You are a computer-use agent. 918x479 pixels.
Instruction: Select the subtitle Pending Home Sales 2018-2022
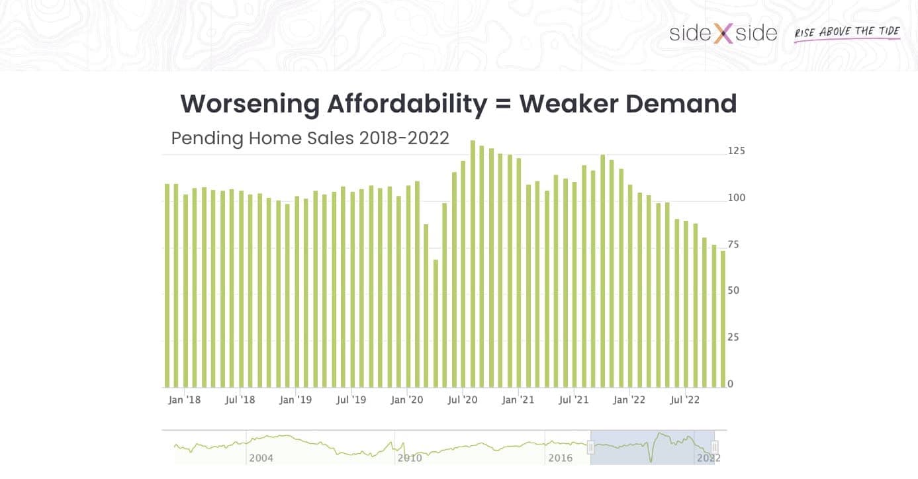pos(310,138)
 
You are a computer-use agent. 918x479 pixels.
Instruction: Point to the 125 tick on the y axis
pos(736,151)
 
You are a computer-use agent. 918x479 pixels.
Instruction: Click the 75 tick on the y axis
pos(734,244)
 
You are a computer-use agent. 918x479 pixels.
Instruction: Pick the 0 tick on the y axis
pos(731,384)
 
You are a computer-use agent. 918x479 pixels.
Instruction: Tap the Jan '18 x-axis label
pos(184,400)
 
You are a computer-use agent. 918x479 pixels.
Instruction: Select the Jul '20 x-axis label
pos(462,400)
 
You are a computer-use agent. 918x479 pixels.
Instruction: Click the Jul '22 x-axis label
pos(685,400)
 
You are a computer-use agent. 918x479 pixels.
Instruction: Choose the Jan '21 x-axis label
pos(518,400)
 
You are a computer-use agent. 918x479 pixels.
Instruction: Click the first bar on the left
pos(167,285)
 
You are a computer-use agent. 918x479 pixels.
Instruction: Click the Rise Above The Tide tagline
pos(847,32)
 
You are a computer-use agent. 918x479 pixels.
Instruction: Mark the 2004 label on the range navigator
pos(261,457)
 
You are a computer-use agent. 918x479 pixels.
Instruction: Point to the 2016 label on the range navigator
pos(560,457)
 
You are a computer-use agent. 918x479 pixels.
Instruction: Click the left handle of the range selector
pos(591,448)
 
